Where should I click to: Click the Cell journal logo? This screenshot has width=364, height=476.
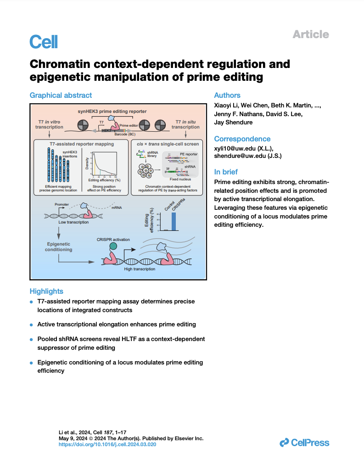44,42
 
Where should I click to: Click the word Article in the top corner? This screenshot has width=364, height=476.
311,34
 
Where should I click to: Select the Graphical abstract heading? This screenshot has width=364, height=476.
61,95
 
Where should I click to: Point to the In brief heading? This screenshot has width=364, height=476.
226,172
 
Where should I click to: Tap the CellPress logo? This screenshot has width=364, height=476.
304,442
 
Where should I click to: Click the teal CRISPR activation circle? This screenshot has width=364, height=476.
113,246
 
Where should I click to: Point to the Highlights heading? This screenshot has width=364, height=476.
46,291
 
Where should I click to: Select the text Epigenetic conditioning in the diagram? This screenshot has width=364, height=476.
58,246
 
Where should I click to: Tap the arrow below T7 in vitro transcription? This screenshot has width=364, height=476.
49,134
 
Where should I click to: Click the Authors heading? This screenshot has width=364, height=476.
227,95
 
